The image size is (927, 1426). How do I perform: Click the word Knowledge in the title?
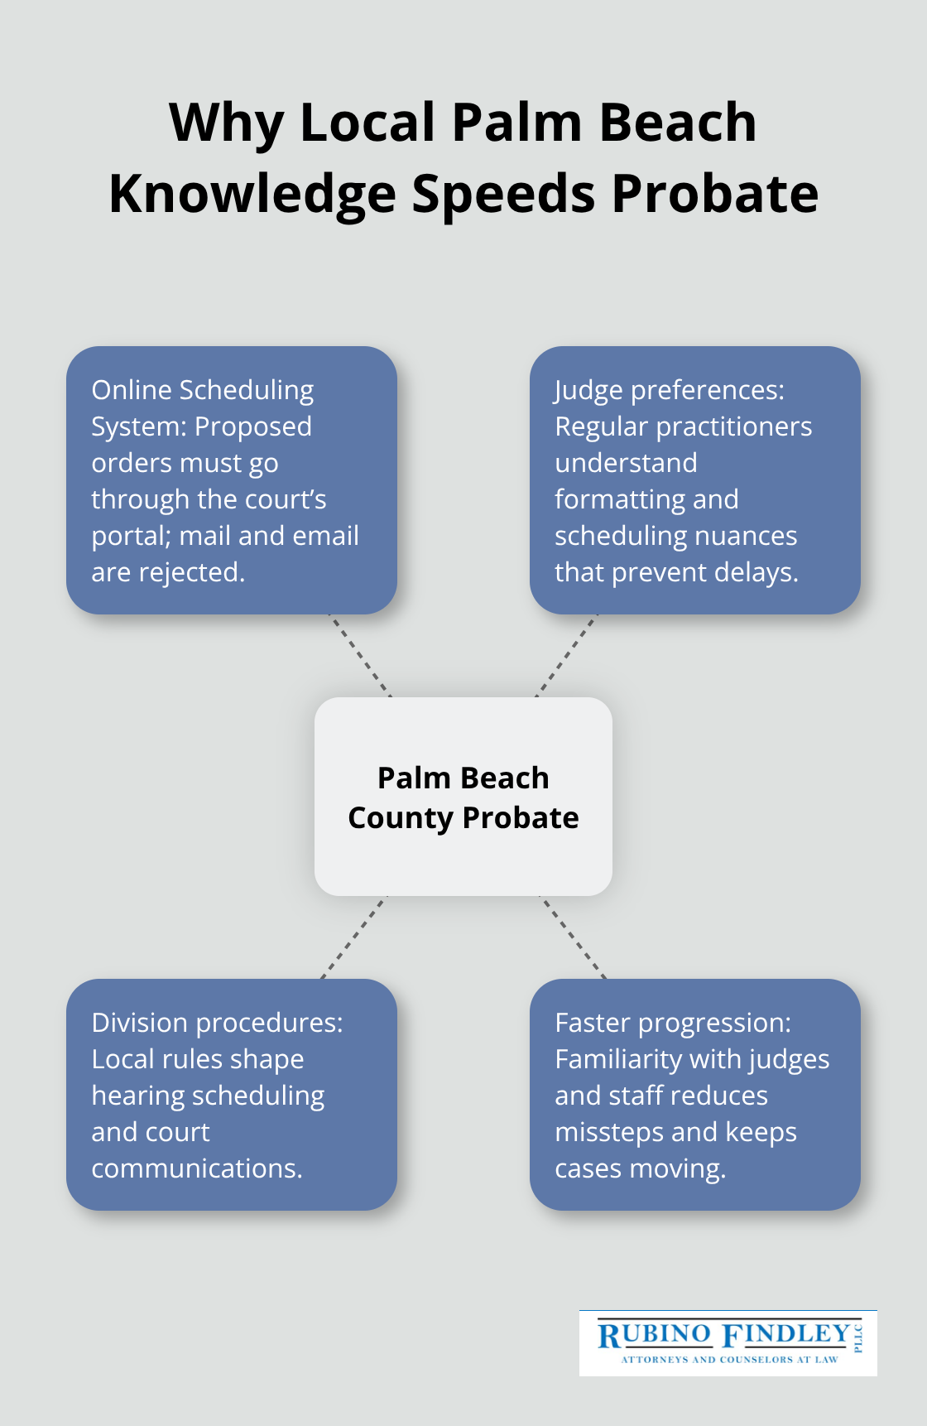tap(252, 195)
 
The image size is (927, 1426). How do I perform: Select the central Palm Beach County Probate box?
tap(463, 797)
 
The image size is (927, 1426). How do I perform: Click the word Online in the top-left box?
tap(132, 390)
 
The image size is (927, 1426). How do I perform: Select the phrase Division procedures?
tap(217, 1023)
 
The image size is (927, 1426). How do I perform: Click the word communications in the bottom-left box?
tap(196, 1168)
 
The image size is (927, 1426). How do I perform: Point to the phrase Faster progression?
tap(672, 1023)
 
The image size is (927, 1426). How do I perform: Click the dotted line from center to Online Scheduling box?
tap(361, 655)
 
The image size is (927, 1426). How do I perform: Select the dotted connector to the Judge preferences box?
tap(566, 655)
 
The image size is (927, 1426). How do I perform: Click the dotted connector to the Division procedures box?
tap(354, 937)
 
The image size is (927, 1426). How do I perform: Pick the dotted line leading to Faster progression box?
tap(573, 937)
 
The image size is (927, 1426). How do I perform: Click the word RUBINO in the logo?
tap(655, 1335)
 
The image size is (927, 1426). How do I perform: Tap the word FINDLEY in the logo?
tap(786, 1335)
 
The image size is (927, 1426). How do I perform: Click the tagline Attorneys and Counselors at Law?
tap(729, 1359)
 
